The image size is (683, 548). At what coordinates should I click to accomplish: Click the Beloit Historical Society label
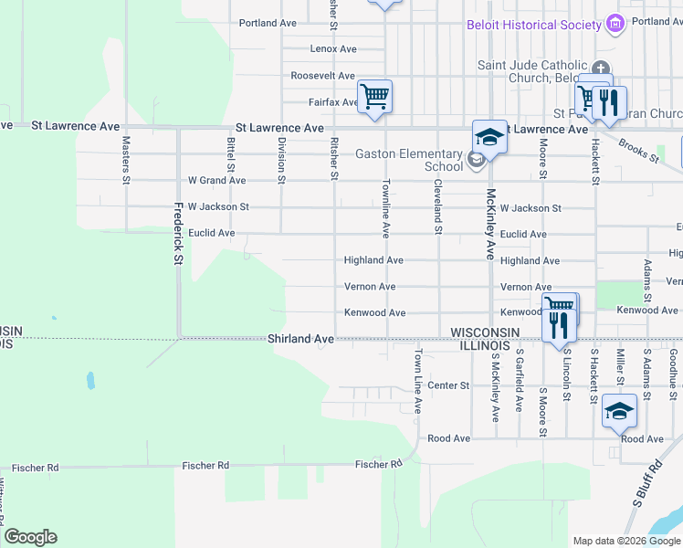[x=533, y=25]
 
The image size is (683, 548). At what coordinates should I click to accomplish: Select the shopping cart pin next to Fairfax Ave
[x=375, y=96]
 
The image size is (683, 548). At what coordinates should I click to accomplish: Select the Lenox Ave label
[x=333, y=48]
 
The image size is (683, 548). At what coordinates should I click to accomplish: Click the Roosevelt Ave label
[x=322, y=76]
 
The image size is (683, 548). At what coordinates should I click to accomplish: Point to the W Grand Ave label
[x=216, y=181]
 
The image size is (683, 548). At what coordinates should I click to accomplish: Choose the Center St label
[x=448, y=385]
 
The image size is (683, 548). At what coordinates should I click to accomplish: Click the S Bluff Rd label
[x=646, y=484]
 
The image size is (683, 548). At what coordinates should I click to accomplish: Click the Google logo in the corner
[x=30, y=537]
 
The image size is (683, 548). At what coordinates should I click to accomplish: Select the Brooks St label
[x=638, y=152]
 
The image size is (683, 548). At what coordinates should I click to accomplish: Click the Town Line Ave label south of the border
[x=418, y=381]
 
